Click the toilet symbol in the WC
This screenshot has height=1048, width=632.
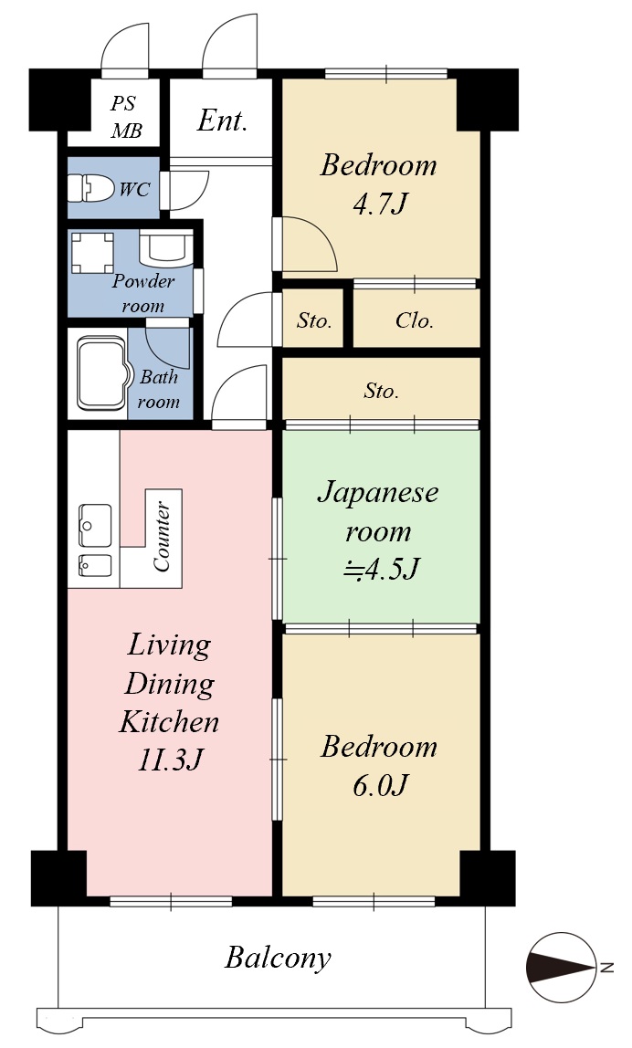tap(91, 188)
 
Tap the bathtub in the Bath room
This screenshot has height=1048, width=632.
tap(102, 373)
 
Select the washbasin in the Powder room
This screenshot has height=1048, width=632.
tap(165, 248)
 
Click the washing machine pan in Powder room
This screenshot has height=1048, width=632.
tap(92, 253)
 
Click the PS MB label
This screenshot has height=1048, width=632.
tap(126, 117)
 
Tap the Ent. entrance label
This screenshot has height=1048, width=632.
tap(222, 121)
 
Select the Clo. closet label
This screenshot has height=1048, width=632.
tap(415, 320)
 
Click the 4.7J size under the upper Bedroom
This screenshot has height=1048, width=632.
tap(379, 204)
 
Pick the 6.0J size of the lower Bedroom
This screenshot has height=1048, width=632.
tap(380, 785)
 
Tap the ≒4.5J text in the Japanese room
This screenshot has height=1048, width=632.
tap(381, 570)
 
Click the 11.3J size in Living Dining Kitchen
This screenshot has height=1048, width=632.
tap(170, 760)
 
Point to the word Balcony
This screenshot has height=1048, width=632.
tap(279, 958)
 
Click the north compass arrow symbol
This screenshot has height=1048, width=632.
tap(562, 967)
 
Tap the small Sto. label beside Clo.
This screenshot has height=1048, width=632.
tap(314, 320)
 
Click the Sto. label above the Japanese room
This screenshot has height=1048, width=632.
tap(381, 391)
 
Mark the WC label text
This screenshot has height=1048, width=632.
tap(134, 189)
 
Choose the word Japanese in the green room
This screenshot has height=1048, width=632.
tap(378, 493)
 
